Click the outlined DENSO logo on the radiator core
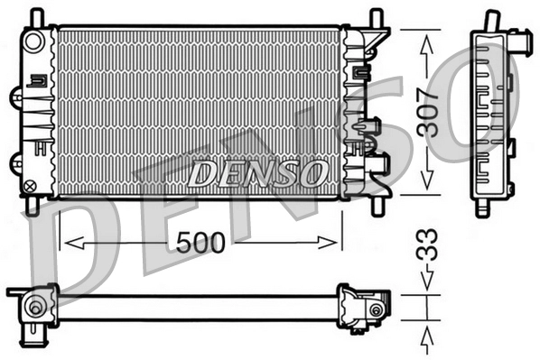pyautogui.click(x=257, y=171)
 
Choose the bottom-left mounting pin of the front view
pyautogui.click(x=33, y=207)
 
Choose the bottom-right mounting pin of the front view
pyautogui.click(x=371, y=207)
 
